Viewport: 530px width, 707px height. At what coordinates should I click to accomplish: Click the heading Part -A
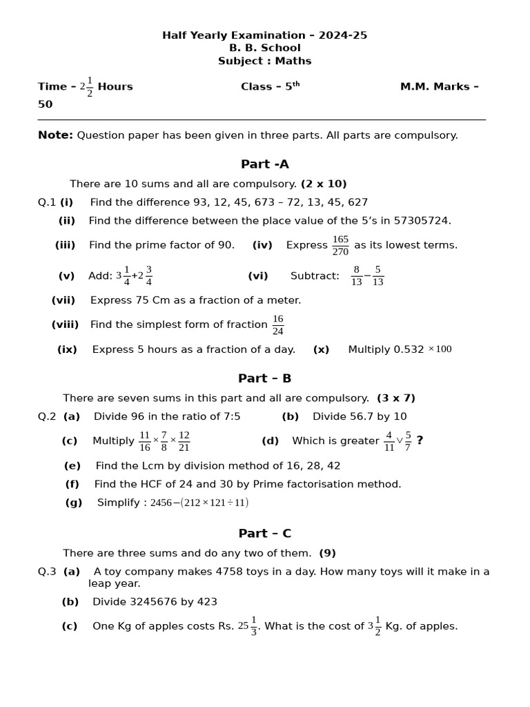coord(265,164)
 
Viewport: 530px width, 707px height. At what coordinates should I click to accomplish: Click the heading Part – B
coord(265,378)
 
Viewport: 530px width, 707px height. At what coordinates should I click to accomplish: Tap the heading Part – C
coord(265,534)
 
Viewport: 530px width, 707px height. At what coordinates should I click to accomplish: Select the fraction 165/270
coord(340,245)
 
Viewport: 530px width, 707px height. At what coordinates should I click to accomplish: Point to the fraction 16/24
coord(277,325)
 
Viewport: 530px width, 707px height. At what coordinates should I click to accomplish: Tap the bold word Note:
coord(55,135)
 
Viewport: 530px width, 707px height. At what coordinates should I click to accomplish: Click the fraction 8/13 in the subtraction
coord(356,276)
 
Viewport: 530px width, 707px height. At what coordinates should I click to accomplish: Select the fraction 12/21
coord(184,441)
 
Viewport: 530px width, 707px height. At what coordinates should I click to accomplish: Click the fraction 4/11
coord(389,441)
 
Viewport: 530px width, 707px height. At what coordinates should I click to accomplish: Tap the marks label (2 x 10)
coord(324,184)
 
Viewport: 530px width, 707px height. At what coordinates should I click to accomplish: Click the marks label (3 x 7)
coord(396,398)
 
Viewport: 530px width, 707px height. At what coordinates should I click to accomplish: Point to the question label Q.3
coord(47,572)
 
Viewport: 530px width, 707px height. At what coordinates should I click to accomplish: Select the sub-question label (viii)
coord(65,325)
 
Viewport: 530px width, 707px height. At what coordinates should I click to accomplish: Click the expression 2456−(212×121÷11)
coord(199,503)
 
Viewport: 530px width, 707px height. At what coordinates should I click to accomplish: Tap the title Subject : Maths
coord(265,61)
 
